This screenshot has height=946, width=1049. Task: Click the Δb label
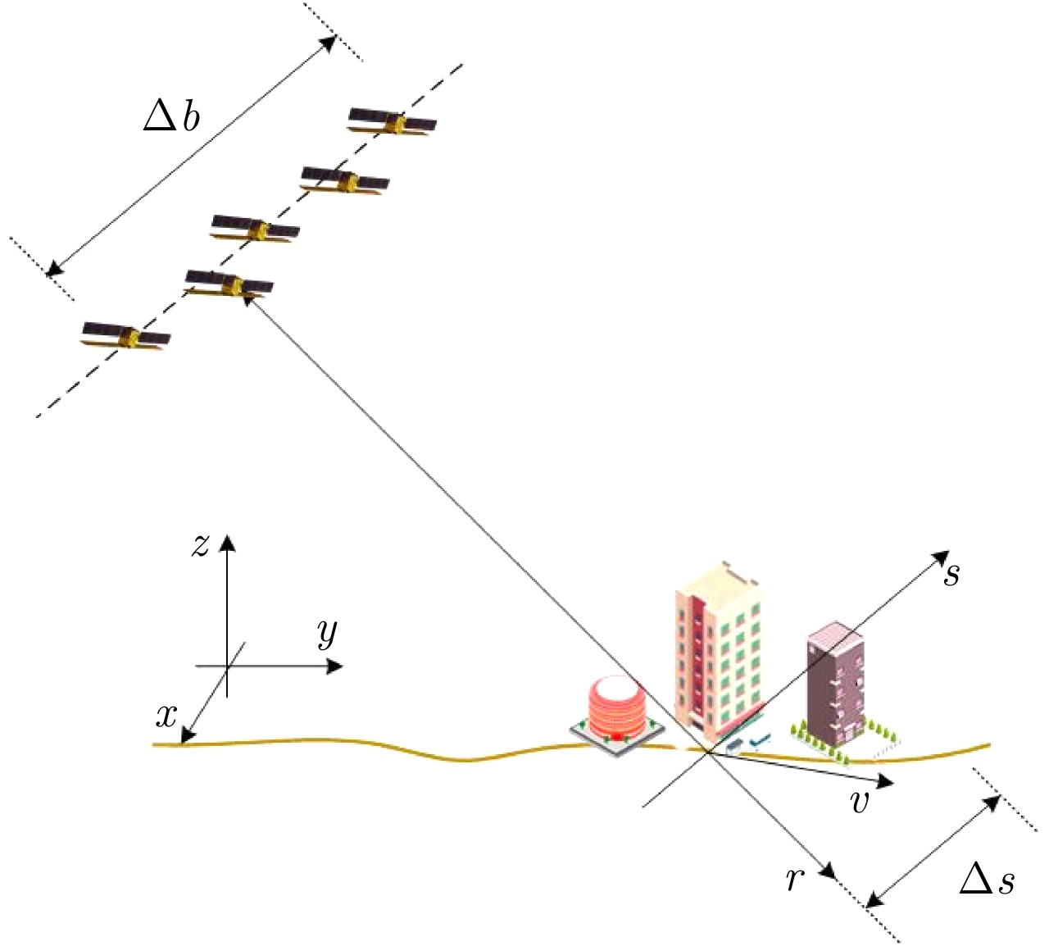point(171,117)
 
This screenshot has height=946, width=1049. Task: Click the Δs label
point(987,880)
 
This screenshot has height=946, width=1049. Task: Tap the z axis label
point(200,545)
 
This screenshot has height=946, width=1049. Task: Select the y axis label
point(328,633)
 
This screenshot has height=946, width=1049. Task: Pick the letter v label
point(860,802)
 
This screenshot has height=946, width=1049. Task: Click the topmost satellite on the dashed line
point(392,123)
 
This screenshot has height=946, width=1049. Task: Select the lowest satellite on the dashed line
point(126,336)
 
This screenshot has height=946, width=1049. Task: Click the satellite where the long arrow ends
point(229,284)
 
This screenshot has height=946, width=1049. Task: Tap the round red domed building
point(615,710)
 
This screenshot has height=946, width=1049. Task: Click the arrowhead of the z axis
point(227,542)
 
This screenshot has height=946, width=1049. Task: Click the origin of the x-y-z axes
point(227,666)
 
